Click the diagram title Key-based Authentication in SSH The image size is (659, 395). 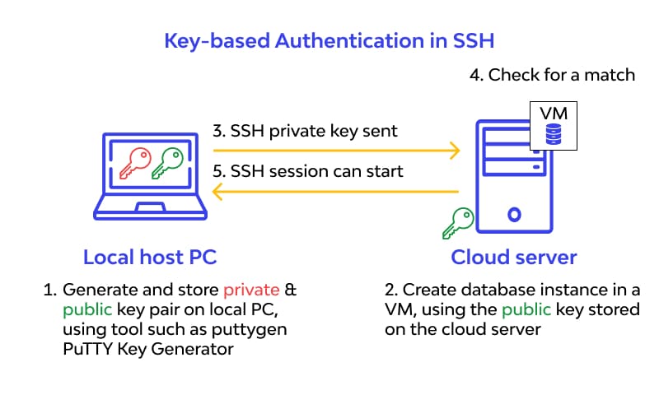(329, 39)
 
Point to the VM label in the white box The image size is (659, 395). (554, 114)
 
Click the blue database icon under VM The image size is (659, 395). (554, 134)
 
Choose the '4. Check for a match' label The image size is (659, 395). (552, 75)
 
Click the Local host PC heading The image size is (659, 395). (150, 258)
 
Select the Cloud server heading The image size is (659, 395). (514, 258)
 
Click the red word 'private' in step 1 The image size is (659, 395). (251, 291)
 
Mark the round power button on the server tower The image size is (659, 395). (514, 216)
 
